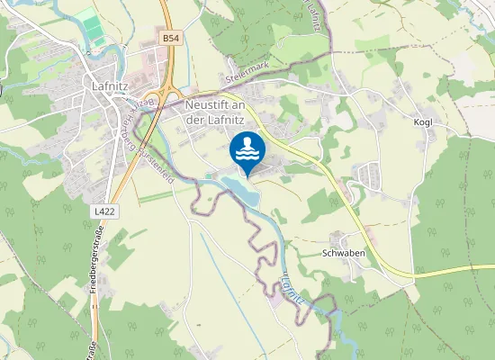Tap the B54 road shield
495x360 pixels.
coord(171,38)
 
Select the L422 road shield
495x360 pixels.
coord(103,210)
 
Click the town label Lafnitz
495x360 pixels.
coord(113,85)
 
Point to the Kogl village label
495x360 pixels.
coord(423,121)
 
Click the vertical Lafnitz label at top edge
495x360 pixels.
coord(314,18)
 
